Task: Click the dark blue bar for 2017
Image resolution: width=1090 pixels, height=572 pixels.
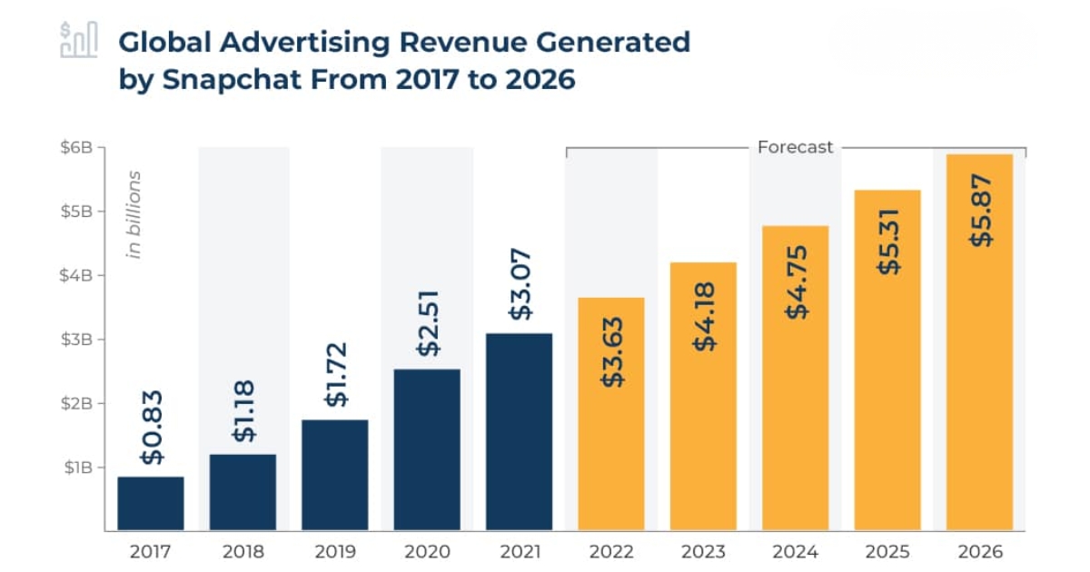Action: [x=151, y=503]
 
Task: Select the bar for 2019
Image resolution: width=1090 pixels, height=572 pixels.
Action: [x=334, y=474]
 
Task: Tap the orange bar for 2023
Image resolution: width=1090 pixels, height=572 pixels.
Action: [x=703, y=396]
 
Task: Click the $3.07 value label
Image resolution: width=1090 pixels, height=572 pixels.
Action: [x=520, y=284]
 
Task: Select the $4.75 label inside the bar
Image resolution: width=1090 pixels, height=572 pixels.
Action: [x=797, y=281]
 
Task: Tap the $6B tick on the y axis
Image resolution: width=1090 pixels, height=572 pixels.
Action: [x=78, y=147]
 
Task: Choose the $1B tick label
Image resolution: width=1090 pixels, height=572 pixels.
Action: [x=78, y=468]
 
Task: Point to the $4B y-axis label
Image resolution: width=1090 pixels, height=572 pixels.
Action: [x=78, y=275]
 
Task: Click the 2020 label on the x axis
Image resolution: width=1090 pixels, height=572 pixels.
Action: [x=427, y=552]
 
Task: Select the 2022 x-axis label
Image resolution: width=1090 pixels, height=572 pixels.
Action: [x=611, y=552]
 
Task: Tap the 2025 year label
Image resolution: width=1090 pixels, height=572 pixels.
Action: [x=888, y=552]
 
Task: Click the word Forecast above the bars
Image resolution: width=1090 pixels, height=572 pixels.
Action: [x=795, y=147]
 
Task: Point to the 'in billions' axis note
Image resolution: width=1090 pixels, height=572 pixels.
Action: [x=134, y=214]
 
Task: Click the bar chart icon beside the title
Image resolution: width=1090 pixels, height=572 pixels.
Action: [x=78, y=41]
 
